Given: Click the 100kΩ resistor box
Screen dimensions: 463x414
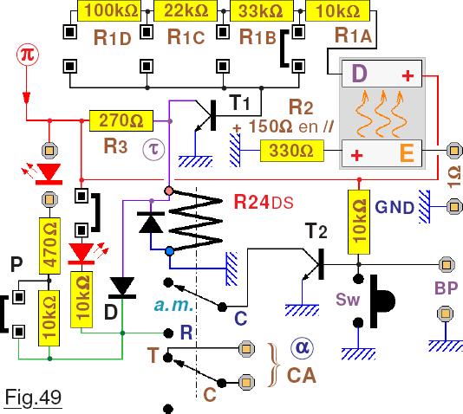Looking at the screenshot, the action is tap(109, 10).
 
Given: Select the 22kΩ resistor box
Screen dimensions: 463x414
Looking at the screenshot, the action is tap(186, 10).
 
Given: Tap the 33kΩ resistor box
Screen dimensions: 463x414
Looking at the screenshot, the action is tap(262, 10).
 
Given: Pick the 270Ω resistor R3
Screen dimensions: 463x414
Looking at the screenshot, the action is tap(121, 120).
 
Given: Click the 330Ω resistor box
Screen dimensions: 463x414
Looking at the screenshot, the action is tap(291, 151).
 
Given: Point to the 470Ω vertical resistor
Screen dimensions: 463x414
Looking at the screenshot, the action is tap(50, 246).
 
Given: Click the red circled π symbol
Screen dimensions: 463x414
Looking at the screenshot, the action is tap(28, 55).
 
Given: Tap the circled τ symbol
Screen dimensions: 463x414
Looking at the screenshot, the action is tap(153, 150).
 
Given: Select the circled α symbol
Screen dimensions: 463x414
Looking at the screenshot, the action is tap(302, 348).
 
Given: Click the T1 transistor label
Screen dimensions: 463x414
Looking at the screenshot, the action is tap(239, 103).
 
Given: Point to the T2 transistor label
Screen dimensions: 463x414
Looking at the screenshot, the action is tap(316, 231).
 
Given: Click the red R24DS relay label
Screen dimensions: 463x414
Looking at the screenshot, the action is tap(264, 203).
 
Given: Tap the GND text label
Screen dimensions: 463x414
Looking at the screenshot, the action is tap(395, 207).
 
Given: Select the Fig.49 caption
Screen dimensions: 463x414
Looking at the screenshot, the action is tap(33, 398).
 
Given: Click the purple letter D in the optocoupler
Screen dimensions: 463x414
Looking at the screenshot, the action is tap(359, 74).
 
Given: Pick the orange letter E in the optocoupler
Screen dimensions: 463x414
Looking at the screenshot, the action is tap(407, 152).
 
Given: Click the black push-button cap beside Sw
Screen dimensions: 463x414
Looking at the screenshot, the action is tap(382, 301).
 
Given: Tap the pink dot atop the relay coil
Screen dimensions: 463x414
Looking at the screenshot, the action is tap(169, 191).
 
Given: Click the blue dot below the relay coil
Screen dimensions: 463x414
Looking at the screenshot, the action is tap(169, 251).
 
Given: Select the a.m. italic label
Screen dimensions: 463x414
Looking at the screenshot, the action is tap(173, 305).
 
